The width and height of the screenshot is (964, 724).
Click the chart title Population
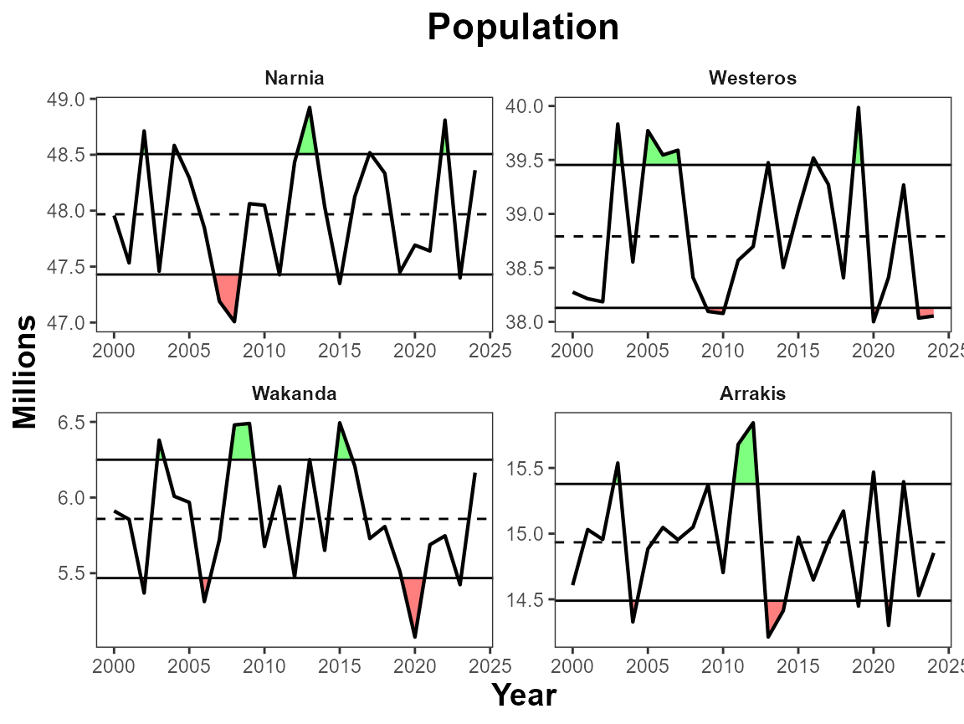[523, 28]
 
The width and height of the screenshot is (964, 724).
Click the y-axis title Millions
[25, 372]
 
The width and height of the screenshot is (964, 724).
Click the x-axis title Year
[523, 695]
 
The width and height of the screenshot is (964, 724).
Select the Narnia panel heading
[294, 79]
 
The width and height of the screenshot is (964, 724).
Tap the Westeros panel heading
[752, 79]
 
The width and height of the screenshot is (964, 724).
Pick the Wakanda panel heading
[294, 394]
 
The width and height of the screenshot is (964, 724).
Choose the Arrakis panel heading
[752, 394]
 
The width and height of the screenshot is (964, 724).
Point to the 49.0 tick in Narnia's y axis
[68, 99]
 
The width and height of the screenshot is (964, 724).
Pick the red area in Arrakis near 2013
[772, 614]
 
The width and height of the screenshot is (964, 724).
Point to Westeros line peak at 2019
[859, 108]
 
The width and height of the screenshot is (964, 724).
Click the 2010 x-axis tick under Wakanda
[264, 665]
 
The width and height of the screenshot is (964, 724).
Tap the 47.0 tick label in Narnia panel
[68, 322]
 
